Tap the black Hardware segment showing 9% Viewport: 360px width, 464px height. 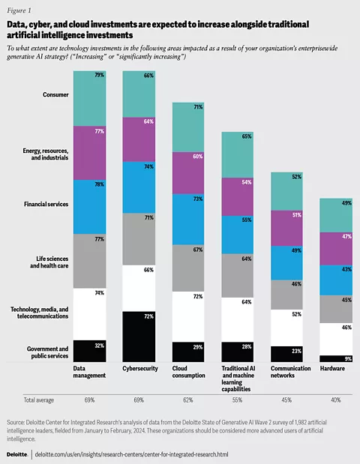[x=334, y=358]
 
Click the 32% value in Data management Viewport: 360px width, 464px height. [x=99, y=345]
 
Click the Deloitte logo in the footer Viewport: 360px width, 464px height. [x=17, y=454]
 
